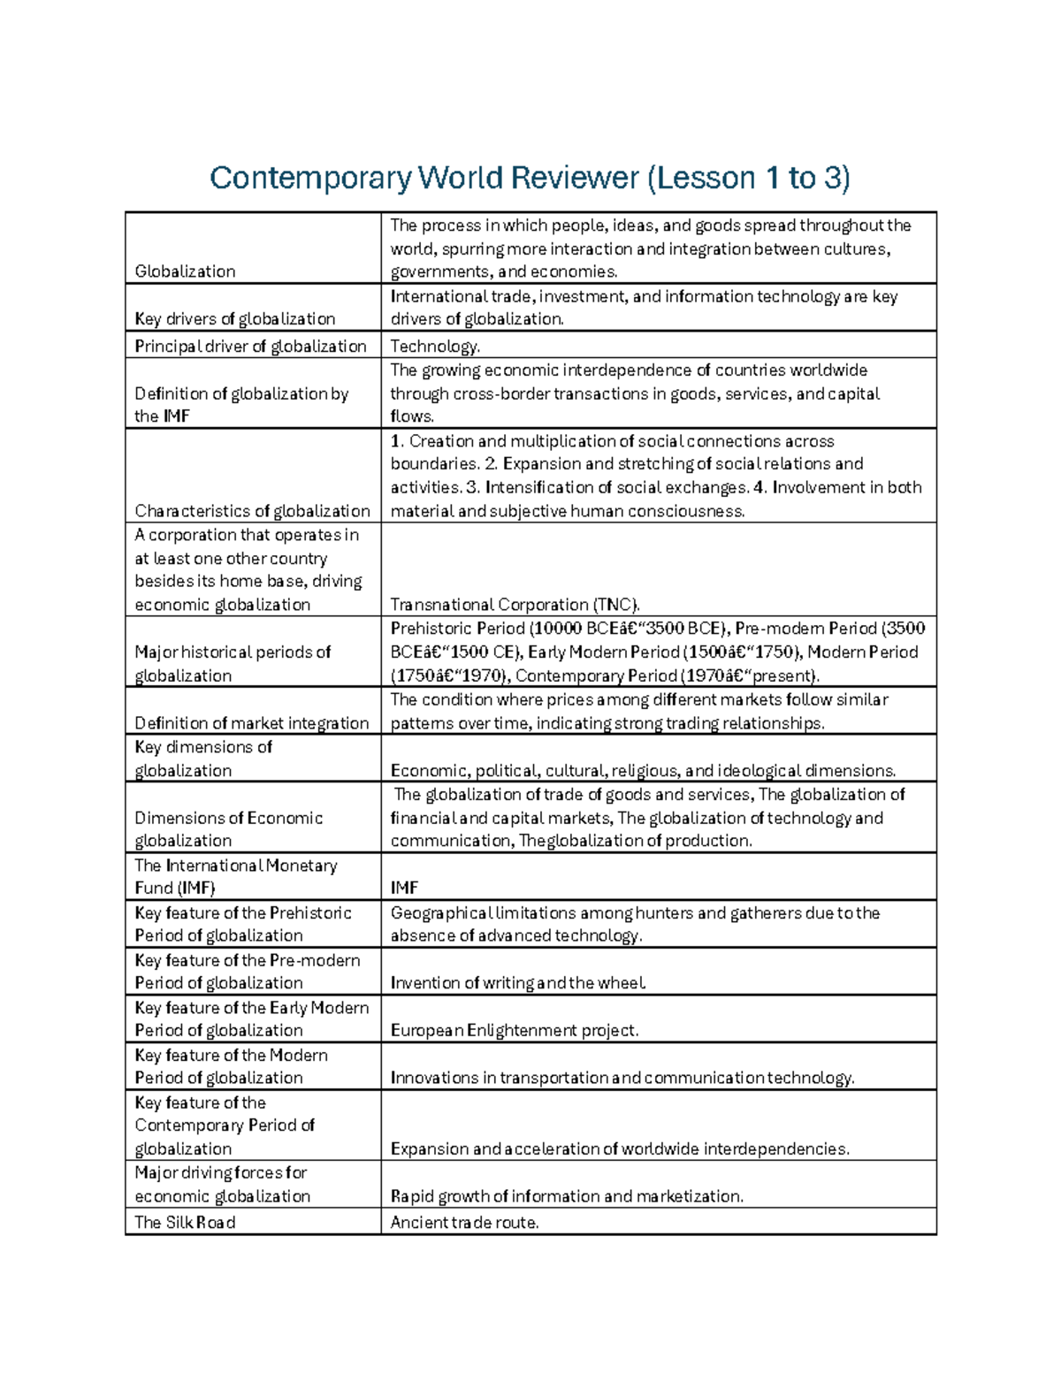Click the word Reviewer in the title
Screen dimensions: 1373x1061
(x=574, y=178)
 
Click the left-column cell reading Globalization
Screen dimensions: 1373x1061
(x=185, y=271)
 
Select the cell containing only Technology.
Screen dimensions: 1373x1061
(x=434, y=346)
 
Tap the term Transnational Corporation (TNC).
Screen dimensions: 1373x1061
(x=515, y=605)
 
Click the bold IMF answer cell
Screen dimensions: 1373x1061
(x=404, y=888)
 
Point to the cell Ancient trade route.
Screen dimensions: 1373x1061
(x=464, y=1222)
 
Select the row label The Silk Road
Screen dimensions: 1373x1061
(x=185, y=1222)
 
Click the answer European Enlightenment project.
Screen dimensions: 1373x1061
(x=514, y=1030)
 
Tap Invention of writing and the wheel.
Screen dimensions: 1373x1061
(x=518, y=982)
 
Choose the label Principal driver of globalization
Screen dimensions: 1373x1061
(x=250, y=346)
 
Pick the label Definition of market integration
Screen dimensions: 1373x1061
(x=251, y=722)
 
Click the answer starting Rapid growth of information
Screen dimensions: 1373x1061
(x=566, y=1195)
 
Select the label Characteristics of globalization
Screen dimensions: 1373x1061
(x=252, y=510)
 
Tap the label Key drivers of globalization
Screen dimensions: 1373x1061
(x=234, y=318)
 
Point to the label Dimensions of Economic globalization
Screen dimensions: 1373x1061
(x=228, y=828)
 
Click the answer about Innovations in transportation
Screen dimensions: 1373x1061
(x=622, y=1077)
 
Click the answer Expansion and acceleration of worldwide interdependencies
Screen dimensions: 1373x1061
(x=619, y=1148)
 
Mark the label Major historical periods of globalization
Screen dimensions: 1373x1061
(x=232, y=663)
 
